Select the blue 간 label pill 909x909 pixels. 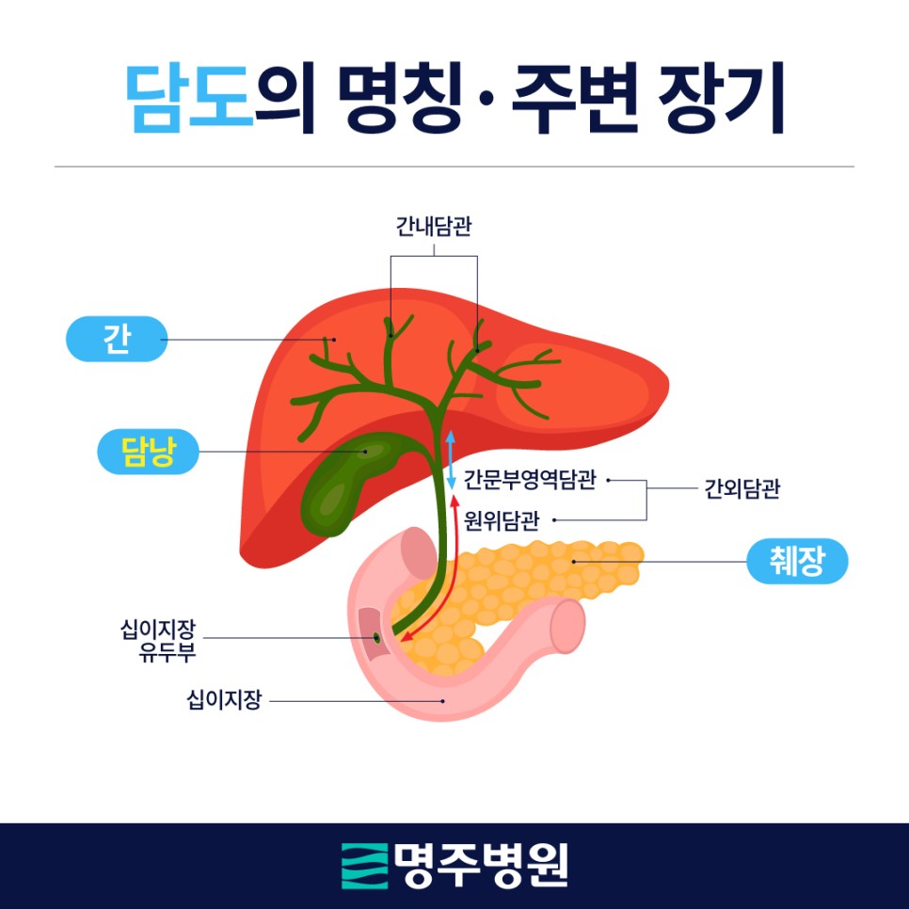[117, 339]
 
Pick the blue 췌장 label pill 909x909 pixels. [797, 564]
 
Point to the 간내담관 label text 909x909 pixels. [433, 229]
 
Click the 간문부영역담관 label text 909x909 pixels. [531, 481]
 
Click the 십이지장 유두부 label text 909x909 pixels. [158, 637]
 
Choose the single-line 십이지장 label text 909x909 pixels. [223, 700]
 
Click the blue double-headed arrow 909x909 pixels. [451, 458]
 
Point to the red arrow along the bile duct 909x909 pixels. [451, 574]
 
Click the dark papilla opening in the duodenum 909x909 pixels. [376, 638]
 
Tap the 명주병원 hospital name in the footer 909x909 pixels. [481, 865]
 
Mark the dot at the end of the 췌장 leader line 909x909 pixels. [574, 562]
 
